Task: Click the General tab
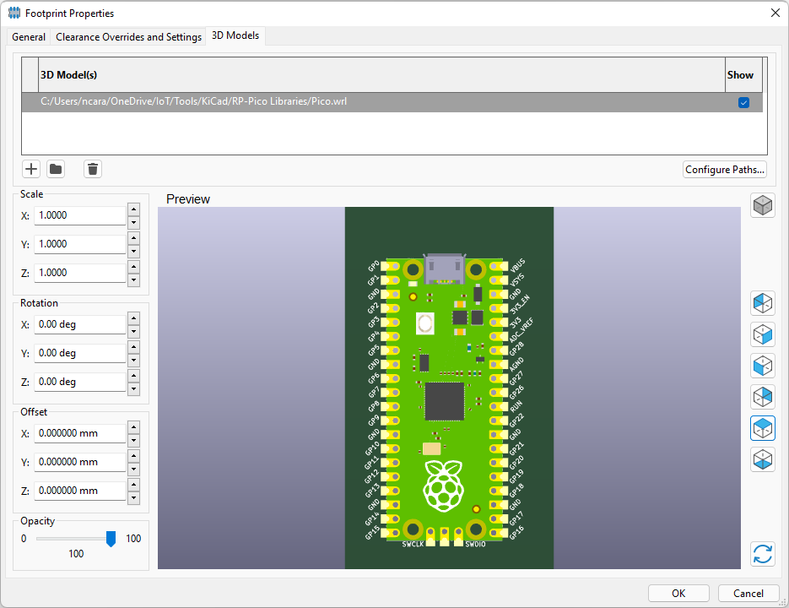pos(29,37)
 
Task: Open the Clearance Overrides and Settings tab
pos(128,37)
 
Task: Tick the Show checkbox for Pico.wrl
pos(743,102)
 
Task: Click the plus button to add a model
pos(31,169)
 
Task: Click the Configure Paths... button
pos(725,170)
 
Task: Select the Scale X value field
pos(79,215)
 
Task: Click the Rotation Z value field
pos(79,382)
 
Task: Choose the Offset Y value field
pos(79,462)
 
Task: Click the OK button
pos(678,593)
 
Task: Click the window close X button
pos(775,13)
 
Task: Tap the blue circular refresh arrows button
pos(763,554)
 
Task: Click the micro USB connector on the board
pos(444,269)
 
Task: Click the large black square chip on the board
pos(444,401)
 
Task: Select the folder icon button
pos(56,169)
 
